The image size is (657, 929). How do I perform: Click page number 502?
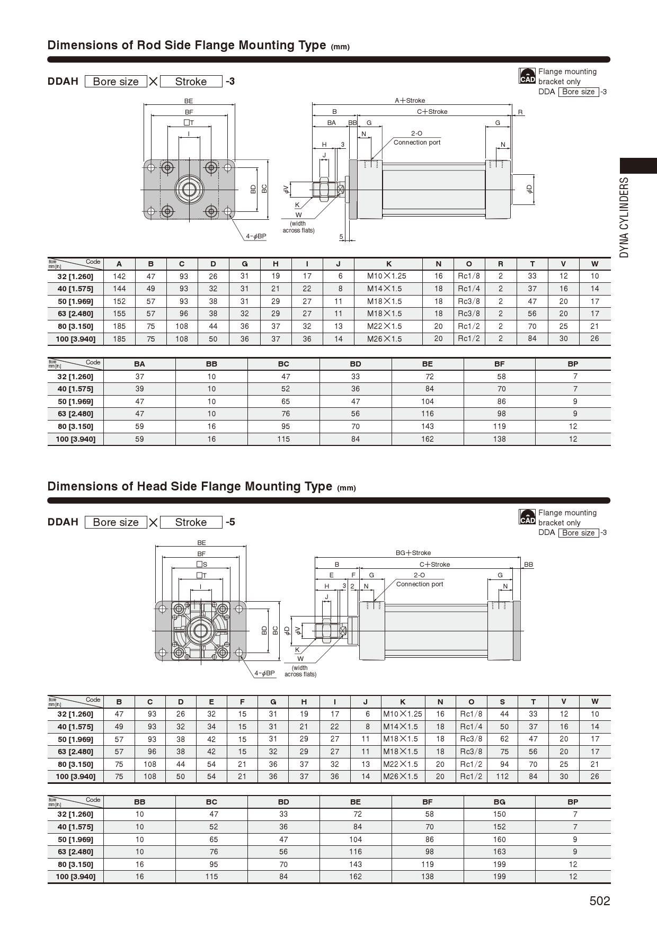coord(599,901)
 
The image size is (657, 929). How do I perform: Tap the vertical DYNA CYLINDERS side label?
coord(625,217)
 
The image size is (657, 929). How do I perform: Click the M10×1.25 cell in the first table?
coord(387,276)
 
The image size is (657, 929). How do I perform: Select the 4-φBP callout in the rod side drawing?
coord(256,236)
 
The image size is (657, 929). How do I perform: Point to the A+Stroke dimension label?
coord(410,101)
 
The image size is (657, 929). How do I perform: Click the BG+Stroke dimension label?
coord(413,552)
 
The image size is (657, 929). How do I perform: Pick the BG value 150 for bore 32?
coord(499,814)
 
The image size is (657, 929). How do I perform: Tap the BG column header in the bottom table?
coord(499,802)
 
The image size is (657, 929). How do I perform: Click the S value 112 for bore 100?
coord(502,776)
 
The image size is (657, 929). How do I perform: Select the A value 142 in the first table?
coord(119,276)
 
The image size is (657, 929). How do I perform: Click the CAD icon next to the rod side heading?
coord(527,76)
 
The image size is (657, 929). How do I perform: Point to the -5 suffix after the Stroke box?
coord(230,522)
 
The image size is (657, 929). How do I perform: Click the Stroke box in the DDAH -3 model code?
coord(191,82)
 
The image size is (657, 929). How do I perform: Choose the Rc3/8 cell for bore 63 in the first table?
coord(469,314)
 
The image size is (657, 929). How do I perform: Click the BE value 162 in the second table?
coord(427,439)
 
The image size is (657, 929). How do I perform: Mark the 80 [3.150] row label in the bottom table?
coord(75,864)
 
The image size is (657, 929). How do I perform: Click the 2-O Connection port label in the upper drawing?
coord(417,138)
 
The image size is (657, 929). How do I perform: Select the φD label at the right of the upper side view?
coord(529,189)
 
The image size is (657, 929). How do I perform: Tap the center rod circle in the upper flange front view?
coord(189,189)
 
